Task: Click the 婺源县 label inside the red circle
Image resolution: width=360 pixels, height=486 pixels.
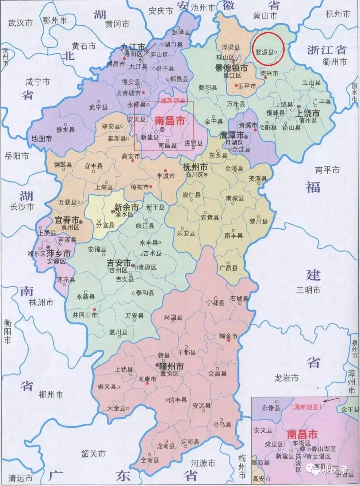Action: tap(264, 52)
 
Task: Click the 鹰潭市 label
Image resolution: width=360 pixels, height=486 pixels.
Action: tap(232, 135)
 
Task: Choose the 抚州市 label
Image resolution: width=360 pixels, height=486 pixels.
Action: tap(195, 167)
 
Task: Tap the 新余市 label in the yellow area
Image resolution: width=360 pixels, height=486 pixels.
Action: tap(126, 207)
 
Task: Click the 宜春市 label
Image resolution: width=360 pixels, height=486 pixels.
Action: tap(66, 220)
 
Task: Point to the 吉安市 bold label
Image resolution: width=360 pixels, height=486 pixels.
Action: tap(118, 263)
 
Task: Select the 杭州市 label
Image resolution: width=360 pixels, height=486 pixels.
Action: tap(338, 14)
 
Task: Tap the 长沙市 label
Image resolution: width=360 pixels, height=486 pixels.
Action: tap(22, 207)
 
